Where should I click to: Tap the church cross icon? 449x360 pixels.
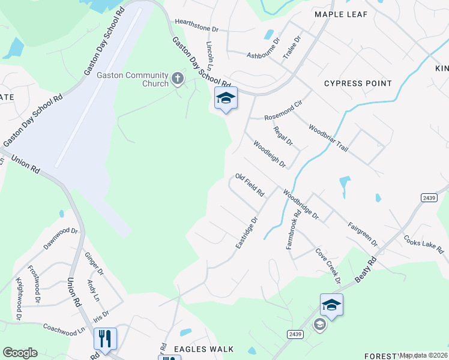pos(178,78)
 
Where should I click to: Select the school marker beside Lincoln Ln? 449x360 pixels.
pos(226,99)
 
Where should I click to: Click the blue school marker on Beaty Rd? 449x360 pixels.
pos(331,305)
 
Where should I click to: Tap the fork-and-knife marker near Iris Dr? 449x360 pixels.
pos(105,339)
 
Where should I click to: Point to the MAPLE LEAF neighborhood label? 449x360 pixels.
pos(340,13)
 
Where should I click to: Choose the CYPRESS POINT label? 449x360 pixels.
pos(358,83)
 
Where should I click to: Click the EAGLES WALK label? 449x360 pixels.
pos(203,349)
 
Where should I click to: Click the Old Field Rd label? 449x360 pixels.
pos(250,185)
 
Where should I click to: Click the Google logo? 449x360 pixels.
pos(20,352)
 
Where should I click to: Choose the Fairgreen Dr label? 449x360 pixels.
pos(363,235)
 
